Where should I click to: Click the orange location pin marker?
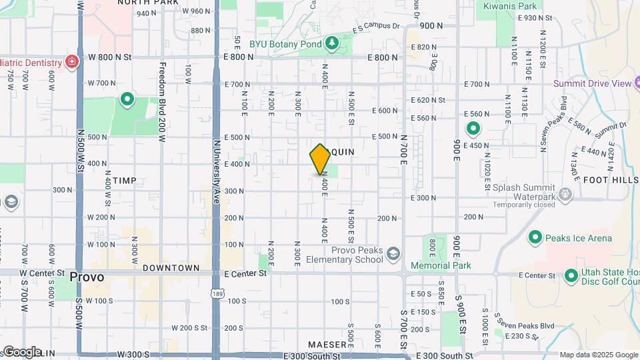320,159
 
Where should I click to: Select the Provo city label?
87,277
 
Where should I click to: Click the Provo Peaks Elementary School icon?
393,253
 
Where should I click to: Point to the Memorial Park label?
441,265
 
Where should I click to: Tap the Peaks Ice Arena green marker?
535,237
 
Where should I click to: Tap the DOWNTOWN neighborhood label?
171,267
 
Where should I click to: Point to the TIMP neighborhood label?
124,181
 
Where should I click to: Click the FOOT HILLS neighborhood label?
611,180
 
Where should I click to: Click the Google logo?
21,351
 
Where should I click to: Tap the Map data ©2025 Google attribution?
598,355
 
